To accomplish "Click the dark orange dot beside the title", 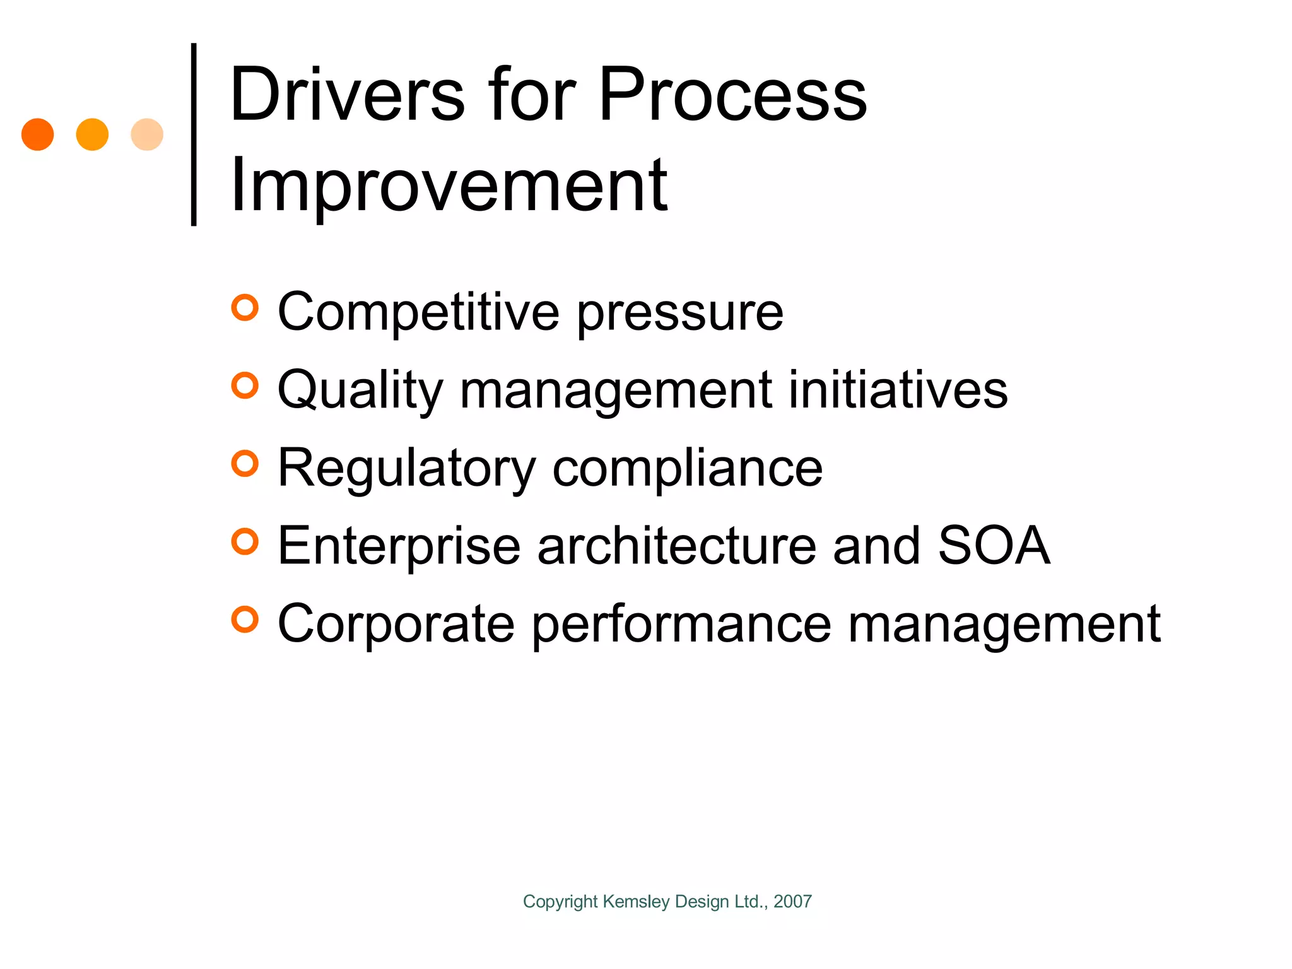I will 37,134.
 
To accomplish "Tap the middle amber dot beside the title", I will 92,134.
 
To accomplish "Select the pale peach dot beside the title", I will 147,134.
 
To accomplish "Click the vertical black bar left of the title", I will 194,134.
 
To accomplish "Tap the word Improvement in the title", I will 449,186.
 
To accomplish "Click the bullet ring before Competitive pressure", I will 245,308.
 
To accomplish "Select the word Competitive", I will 418,312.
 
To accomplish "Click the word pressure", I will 680,314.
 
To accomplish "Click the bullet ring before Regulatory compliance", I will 245,464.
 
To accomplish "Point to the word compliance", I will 688,469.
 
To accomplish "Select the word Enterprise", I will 399,546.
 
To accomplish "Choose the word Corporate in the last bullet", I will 396,625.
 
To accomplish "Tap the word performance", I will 681,626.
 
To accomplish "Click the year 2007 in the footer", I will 792,901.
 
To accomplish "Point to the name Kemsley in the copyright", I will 636,902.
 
